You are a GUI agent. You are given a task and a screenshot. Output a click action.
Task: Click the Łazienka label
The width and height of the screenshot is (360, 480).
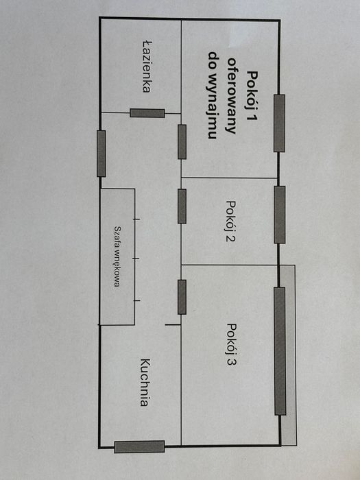point(147,67)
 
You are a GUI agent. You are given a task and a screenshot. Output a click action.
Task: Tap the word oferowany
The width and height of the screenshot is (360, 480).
point(231,95)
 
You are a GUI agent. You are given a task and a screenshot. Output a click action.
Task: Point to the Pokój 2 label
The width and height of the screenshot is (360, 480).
point(230,221)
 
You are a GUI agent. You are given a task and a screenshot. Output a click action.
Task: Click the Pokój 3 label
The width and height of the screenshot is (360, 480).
point(232,345)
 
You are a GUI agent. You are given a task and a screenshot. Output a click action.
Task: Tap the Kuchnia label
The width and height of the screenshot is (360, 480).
point(145,383)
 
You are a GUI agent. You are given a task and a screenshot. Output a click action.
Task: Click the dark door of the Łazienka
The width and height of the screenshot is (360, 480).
point(147,113)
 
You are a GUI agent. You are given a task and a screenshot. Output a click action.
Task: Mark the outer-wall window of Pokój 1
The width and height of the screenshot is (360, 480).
point(279,123)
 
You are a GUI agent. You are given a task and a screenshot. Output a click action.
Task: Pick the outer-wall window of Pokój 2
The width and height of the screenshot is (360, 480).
point(280,215)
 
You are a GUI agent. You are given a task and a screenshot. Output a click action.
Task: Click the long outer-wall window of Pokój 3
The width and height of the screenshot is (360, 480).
point(280,351)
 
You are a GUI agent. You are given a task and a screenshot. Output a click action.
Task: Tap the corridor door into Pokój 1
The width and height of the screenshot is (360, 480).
point(182,142)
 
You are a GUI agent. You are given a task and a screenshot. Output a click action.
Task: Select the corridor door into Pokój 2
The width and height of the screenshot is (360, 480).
point(182,206)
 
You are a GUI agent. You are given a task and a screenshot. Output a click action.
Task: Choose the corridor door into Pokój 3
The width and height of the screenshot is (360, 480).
point(182,297)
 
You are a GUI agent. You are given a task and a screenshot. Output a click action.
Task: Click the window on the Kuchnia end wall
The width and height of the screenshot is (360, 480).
point(139,447)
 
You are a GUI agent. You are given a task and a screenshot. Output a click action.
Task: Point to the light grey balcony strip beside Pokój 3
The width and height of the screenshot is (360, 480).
point(289,355)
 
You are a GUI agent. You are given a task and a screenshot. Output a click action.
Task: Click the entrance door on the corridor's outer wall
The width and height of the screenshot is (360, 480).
point(101,154)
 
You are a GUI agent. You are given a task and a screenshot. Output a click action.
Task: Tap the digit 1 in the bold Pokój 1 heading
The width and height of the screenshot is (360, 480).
point(252,117)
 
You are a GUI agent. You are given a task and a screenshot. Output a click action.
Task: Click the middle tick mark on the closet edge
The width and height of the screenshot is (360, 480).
point(136,259)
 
